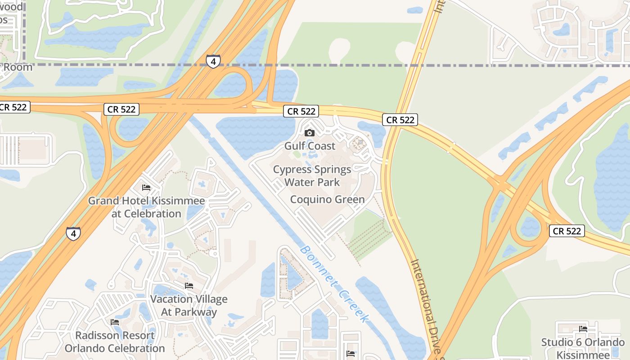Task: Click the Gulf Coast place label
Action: click(x=310, y=146)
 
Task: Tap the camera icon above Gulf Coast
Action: click(x=310, y=133)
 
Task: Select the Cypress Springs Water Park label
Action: click(x=312, y=176)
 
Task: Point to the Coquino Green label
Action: click(x=327, y=199)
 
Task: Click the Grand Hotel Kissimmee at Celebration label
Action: click(x=146, y=207)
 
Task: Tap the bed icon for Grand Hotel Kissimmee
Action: click(x=146, y=188)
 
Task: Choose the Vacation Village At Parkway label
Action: click(x=189, y=306)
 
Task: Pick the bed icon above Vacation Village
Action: click(x=189, y=286)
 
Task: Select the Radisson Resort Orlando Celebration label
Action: click(x=115, y=342)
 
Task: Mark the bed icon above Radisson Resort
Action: click(x=115, y=322)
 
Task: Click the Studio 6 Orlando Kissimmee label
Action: click(x=583, y=347)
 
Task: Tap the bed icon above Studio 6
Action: click(x=583, y=328)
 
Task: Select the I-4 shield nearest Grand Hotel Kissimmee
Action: click(x=73, y=234)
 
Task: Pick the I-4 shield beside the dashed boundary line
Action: click(x=213, y=61)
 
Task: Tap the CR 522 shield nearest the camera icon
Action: click(x=301, y=111)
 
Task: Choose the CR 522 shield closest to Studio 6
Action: click(x=567, y=231)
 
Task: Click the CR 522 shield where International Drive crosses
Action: click(x=400, y=120)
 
